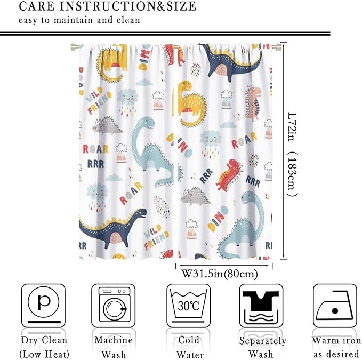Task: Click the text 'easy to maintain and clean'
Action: click(79, 21)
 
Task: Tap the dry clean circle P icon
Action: click(43, 304)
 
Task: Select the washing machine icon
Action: click(112, 306)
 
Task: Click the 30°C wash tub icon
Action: click(189, 306)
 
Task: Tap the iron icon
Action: click(335, 306)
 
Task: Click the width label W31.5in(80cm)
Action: click(220, 274)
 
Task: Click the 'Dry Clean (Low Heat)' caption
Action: click(44, 347)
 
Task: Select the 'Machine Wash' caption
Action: click(113, 347)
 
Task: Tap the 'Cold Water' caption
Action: click(189, 347)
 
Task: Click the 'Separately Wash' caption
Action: click(262, 347)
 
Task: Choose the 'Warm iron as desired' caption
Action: click(336, 347)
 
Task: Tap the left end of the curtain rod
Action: click(73, 47)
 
